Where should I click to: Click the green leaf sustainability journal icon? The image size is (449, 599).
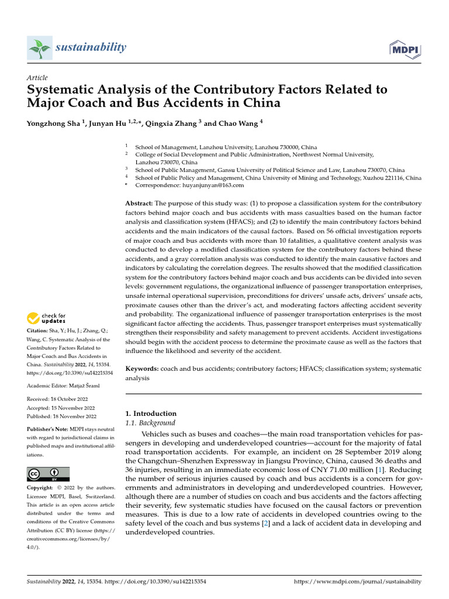(x=39, y=47)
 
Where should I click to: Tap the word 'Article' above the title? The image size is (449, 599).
(x=37, y=78)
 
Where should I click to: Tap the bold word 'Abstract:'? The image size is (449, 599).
(x=140, y=203)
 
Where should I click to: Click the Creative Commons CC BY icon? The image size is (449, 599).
(x=48, y=473)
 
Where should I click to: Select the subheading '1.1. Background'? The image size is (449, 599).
(x=151, y=422)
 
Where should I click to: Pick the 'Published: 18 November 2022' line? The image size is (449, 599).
(x=61, y=416)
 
